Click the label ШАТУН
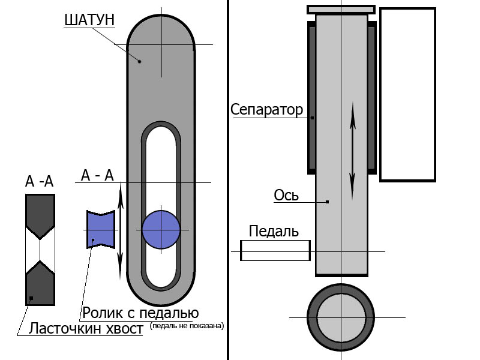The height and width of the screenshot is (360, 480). pos(89,20)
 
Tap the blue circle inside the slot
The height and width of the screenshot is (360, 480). pos(161,230)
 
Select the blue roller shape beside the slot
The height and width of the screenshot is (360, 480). pos(100,229)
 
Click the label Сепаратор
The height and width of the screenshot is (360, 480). pos(267,110)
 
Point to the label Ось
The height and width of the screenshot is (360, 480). pos(286,196)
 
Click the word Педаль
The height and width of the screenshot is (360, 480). pos(274,231)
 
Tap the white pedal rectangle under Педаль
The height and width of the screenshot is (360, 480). pos(275,250)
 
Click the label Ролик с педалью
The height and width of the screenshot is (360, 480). pos(140,313)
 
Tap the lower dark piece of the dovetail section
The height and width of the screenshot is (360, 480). pos(40,283)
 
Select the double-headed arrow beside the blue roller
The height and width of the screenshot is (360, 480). pos(120,228)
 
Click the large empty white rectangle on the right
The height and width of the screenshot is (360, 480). pos(407,94)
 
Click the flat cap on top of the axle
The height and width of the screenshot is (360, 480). pos(341,9)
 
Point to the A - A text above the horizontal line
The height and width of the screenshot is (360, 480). pos(97,175)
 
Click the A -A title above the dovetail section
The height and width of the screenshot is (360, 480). pos(40,182)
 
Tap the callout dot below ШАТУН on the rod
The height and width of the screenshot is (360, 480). pos(139,61)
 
